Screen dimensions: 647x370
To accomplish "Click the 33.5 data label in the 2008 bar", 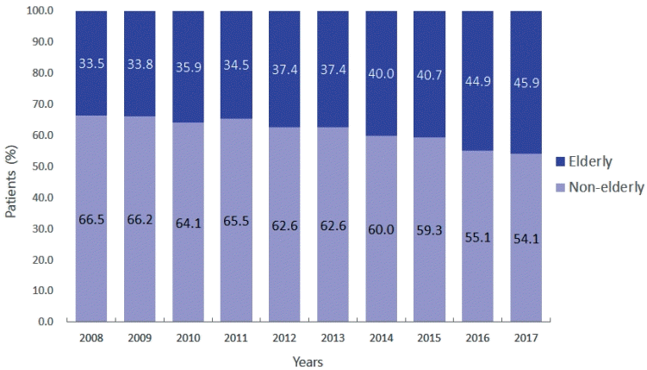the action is pos(91,64).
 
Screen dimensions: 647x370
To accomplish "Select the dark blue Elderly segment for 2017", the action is pos(526,82).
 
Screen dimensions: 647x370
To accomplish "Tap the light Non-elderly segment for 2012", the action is pos(284,224).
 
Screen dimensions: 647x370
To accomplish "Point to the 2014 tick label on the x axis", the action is pos(381,338).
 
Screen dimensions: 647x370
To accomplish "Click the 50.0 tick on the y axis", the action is pos(43,166).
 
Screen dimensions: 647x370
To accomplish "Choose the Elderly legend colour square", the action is pos(560,161).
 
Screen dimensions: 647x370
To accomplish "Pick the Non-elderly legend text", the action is pos(607,187).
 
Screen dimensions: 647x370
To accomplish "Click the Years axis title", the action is pos(308,361).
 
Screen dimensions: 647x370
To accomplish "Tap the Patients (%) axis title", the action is pos(11,181).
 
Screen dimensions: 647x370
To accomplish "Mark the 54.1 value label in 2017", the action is pos(526,239).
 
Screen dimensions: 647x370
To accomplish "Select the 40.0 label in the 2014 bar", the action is pos(381,73).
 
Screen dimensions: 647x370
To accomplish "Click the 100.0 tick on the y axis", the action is pos(40,10).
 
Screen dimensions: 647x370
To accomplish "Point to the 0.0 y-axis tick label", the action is pos(46,322).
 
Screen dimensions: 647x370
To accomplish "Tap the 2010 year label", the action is pos(188,338).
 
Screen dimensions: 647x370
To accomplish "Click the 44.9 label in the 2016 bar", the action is pos(478,81).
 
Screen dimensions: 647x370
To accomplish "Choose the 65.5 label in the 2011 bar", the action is pos(236,221).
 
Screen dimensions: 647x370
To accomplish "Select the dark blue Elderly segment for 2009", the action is pos(140,64).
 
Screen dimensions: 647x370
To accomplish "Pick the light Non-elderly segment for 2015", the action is pos(430,229).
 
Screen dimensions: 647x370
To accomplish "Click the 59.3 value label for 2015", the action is pos(430,230).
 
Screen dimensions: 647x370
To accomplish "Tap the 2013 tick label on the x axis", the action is pos(333,338).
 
